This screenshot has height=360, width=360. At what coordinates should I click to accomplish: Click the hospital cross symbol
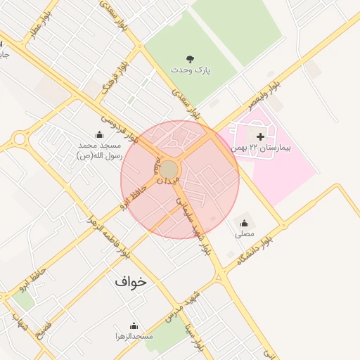[261, 136]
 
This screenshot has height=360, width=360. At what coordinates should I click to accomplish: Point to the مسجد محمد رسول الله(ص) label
[99, 150]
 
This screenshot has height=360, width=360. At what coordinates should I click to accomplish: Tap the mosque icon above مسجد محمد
[99, 134]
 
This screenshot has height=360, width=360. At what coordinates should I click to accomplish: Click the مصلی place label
[245, 232]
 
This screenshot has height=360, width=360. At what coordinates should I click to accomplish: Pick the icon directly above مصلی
[245, 220]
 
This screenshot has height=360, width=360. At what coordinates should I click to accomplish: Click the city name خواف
[131, 281]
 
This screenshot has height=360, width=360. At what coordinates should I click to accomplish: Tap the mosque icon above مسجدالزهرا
[134, 326]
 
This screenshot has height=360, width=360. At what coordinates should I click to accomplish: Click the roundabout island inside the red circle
[169, 169]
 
